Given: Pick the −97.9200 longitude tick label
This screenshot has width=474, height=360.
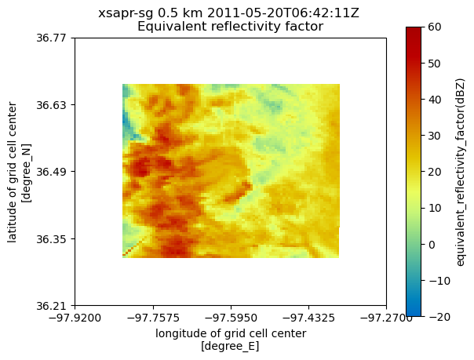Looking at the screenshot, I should (75, 318).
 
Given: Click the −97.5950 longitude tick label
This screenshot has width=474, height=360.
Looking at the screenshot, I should (230, 318).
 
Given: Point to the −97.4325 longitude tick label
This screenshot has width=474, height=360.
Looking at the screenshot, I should (308, 318).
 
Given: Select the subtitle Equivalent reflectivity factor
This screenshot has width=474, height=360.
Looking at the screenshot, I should (231, 27).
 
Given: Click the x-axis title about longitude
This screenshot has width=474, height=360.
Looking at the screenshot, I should (230, 339).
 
